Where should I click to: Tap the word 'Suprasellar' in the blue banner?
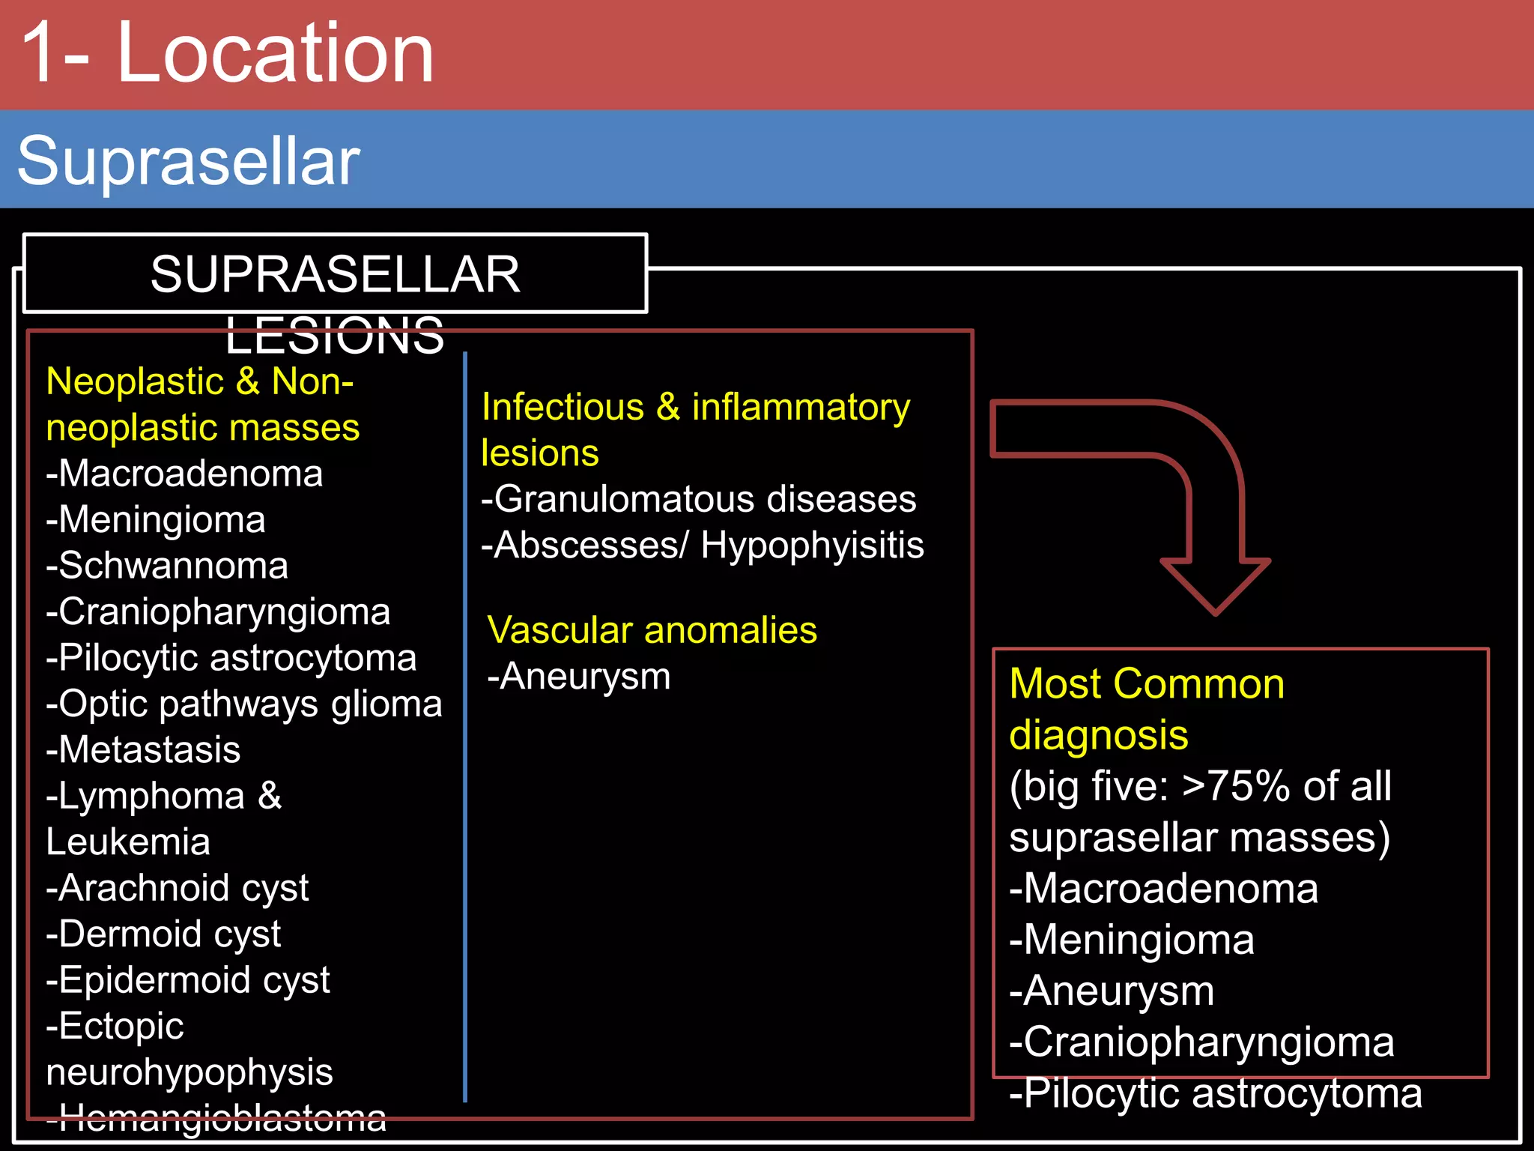click(189, 161)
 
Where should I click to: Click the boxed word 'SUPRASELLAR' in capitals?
click(335, 274)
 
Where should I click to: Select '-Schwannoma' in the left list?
click(167, 566)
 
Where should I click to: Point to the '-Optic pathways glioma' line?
click(244, 704)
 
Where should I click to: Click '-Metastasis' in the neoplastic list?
click(143, 750)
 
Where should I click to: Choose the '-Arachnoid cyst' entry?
click(178, 889)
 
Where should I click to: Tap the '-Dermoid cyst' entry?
click(163, 934)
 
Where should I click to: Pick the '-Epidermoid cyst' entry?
click(188, 980)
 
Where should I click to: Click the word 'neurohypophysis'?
click(190, 1072)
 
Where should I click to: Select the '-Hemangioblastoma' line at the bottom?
click(216, 1117)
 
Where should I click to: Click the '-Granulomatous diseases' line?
click(698, 499)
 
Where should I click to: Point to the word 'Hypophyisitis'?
click(812, 546)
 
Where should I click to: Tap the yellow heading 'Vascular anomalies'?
click(652, 630)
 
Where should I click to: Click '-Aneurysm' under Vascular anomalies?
click(579, 677)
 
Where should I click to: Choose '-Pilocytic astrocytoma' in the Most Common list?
click(1215, 1093)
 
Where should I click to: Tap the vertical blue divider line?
click(465, 749)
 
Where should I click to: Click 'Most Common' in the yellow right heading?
click(1147, 684)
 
